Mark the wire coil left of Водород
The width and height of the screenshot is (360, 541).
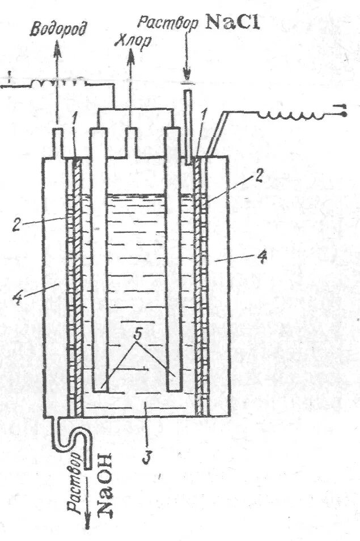pos(61,83)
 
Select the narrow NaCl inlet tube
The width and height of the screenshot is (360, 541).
pos(188,125)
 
